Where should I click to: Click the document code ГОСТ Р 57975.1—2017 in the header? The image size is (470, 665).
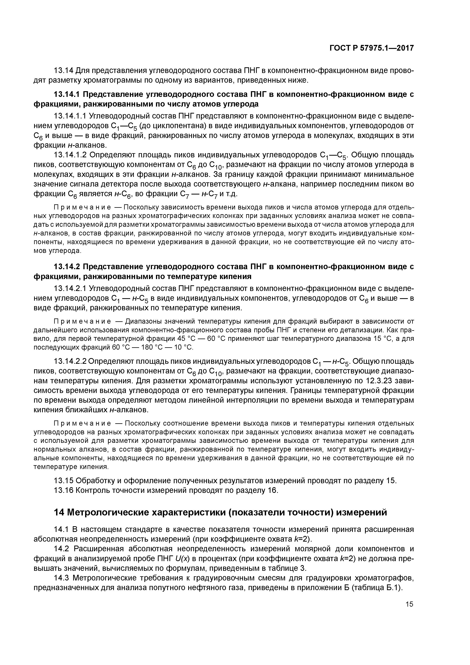click(371, 48)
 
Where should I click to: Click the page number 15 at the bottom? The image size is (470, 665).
click(409, 604)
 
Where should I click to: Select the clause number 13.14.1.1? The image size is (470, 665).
click(70, 116)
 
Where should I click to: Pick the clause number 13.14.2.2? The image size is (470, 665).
click(70, 362)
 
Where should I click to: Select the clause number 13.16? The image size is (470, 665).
click(63, 490)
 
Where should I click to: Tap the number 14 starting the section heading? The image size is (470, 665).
click(59, 513)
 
